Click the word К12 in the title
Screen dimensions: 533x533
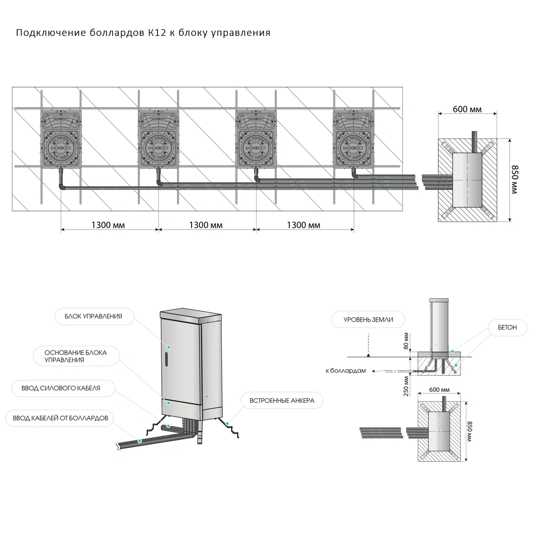[x=157, y=33]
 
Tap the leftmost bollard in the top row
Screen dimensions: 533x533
[x=60, y=139]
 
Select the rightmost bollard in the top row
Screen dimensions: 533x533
[x=353, y=139]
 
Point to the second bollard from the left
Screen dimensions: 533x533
[x=158, y=139]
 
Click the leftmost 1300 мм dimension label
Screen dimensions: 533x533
[x=108, y=225]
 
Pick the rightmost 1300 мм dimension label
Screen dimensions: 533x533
[x=303, y=225]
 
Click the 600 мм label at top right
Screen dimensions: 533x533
[x=467, y=109]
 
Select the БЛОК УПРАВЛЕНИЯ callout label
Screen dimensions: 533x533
[x=93, y=316]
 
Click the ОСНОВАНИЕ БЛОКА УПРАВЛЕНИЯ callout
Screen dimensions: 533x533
[x=75, y=356]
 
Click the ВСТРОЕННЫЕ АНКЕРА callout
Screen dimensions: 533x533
[x=282, y=401]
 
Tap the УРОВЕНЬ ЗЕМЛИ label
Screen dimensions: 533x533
[x=368, y=319]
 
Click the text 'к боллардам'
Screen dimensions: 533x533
[x=346, y=371]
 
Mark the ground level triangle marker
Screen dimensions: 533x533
[x=369, y=354]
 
